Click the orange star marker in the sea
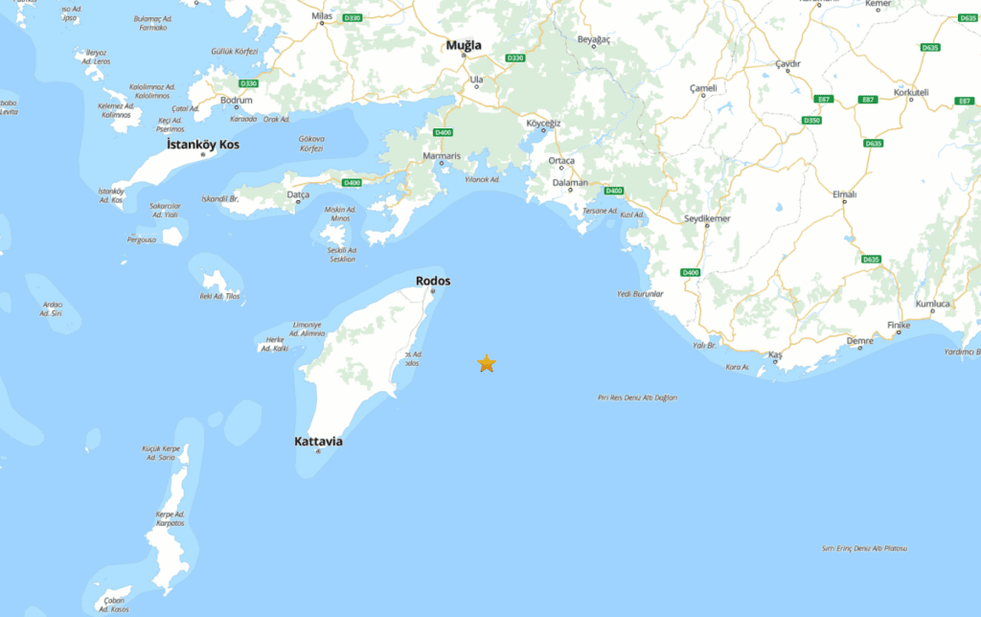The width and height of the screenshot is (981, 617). tap(487, 363)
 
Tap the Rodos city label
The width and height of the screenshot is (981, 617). tap(433, 281)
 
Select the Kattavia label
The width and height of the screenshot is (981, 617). tap(318, 442)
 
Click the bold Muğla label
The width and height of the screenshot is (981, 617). tap(464, 45)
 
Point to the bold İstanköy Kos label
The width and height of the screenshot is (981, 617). tap(203, 144)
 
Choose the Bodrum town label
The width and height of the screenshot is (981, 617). tap(236, 100)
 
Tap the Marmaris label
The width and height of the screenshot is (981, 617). tap(442, 154)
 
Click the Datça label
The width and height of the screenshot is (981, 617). tap(299, 194)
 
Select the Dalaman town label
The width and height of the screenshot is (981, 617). tap(569, 182)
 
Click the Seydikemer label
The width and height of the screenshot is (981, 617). tap(707, 218)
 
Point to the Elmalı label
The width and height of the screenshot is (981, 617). tap(844, 194)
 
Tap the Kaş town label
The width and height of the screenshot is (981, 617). tap(776, 355)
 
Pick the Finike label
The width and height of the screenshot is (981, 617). tap(899, 326)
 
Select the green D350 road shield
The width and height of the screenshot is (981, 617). tap(810, 120)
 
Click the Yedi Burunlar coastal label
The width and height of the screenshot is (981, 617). tap(640, 293)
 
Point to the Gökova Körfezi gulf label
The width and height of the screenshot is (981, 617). tap(311, 144)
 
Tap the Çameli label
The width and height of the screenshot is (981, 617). tap(703, 88)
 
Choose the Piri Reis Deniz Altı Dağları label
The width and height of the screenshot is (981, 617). tap(637, 397)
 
